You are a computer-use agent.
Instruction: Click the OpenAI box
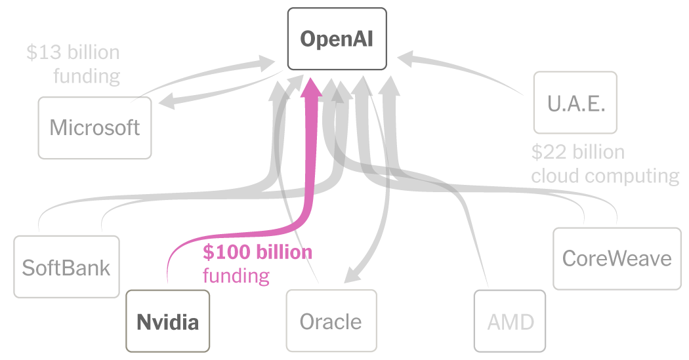click(x=337, y=39)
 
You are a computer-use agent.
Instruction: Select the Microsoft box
click(x=94, y=127)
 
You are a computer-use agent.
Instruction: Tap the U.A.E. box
click(x=575, y=103)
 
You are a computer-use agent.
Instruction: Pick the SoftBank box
click(x=66, y=267)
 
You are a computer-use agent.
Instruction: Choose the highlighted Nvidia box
click(x=167, y=321)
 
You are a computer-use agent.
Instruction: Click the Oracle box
click(x=331, y=321)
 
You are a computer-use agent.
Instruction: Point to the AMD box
click(x=510, y=321)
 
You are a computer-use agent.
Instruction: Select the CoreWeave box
click(x=617, y=258)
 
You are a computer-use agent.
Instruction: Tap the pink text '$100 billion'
click(x=257, y=252)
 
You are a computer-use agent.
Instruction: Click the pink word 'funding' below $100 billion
click(x=236, y=275)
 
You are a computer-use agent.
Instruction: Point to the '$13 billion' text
click(x=73, y=52)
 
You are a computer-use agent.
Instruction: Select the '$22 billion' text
click(x=577, y=153)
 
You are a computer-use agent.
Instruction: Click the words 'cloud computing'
click(x=604, y=176)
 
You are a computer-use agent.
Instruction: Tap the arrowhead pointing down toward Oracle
click(x=354, y=275)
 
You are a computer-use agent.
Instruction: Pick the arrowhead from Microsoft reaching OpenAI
click(x=266, y=63)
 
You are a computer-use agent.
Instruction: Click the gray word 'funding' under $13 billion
click(x=87, y=76)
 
